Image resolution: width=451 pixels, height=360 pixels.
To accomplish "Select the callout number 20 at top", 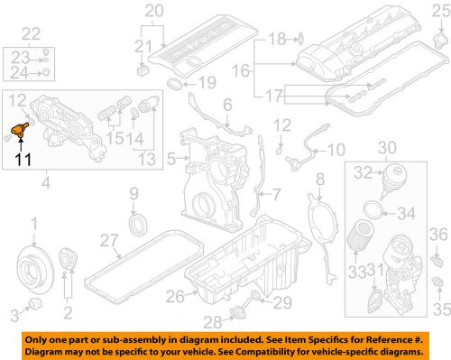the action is pos(155,11).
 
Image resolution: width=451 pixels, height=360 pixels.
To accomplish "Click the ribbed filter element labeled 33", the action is pos(359,245).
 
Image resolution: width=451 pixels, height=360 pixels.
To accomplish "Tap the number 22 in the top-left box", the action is pos(32,34).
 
